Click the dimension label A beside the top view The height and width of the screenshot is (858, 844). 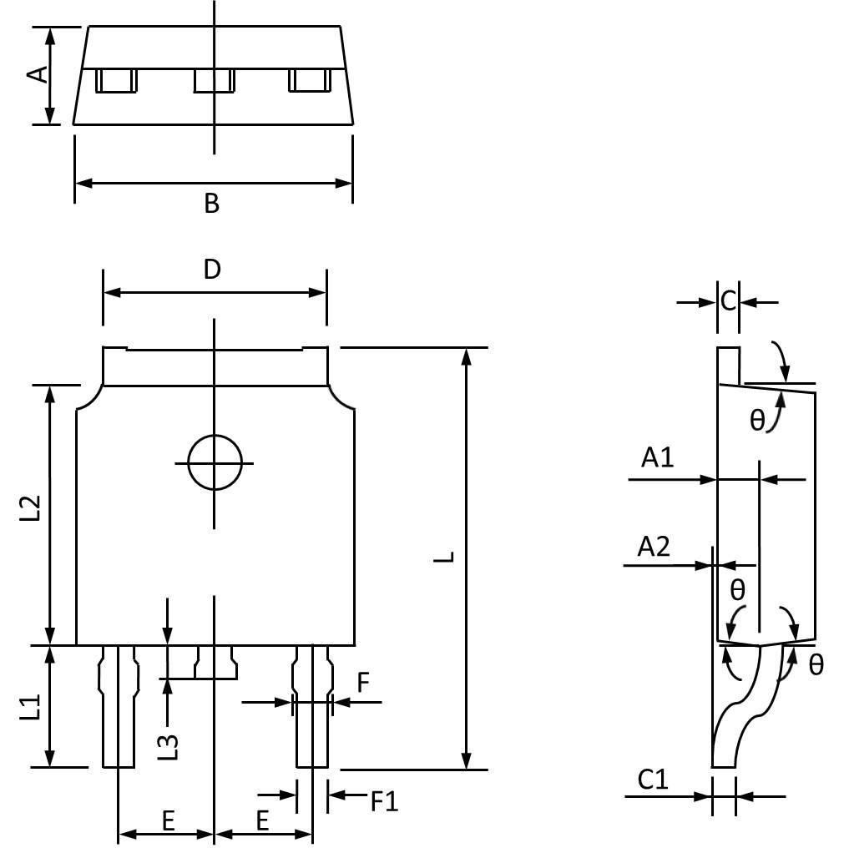(36, 75)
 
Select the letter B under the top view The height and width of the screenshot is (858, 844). (212, 203)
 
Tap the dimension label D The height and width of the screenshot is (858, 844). (212, 270)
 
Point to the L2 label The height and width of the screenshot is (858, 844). (31, 508)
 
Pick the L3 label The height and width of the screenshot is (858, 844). (169, 745)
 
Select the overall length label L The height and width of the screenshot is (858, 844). (447, 557)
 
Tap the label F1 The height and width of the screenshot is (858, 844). (385, 802)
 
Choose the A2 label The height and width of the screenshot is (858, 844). (654, 547)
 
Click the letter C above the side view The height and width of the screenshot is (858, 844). (728, 300)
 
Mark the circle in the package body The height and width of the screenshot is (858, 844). (215, 462)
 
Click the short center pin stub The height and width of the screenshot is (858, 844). (216, 663)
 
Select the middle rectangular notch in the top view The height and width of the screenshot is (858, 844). (215, 81)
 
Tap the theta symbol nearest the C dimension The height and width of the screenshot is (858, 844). (756, 420)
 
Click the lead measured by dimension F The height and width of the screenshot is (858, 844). (313, 705)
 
